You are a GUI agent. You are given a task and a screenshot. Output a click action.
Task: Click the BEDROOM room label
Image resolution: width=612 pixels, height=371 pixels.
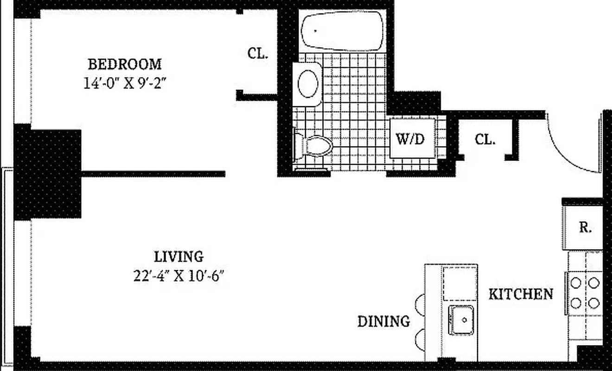click(x=125, y=64)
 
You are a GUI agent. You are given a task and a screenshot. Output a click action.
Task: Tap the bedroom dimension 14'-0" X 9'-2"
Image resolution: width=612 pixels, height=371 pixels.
click(x=125, y=83)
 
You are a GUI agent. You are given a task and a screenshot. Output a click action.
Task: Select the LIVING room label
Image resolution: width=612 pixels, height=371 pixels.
click(x=178, y=256)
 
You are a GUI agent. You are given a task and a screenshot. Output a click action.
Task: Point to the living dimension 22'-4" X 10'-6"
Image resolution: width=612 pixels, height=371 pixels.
click(x=178, y=276)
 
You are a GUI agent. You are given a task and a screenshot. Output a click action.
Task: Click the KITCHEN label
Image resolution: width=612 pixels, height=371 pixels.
click(x=521, y=294)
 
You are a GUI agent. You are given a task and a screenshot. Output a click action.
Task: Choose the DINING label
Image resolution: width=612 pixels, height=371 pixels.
click(x=383, y=321)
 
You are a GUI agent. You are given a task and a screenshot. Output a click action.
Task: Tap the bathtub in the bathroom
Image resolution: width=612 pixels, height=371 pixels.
click(x=343, y=31)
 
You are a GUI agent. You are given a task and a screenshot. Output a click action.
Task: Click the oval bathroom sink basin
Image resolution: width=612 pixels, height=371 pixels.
click(x=308, y=84)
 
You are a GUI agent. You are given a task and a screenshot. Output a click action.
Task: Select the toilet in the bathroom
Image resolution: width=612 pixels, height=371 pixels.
click(x=315, y=146)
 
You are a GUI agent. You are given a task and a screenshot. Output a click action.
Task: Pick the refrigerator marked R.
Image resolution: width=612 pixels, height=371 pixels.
click(x=583, y=228)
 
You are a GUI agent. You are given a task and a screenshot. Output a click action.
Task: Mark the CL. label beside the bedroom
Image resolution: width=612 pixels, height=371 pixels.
click(x=257, y=53)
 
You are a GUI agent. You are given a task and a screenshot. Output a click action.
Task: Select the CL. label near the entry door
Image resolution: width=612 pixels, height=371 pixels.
click(x=484, y=139)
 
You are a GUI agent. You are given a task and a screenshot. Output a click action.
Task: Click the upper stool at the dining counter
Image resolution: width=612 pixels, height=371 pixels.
click(x=420, y=305)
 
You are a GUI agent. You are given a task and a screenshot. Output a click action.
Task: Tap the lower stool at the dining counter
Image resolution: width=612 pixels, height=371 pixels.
click(x=420, y=339)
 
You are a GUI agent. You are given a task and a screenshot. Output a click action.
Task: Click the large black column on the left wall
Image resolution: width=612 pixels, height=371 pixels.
click(x=48, y=173)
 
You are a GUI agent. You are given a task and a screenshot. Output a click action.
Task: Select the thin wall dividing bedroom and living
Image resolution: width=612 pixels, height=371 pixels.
click(x=153, y=174)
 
